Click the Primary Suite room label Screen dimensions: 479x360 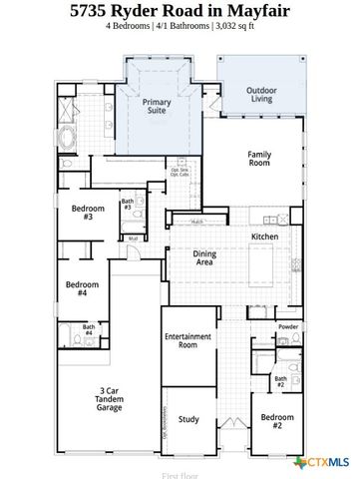[157, 107]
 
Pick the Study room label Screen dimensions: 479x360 [187, 420]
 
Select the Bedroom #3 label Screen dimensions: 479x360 [82, 212]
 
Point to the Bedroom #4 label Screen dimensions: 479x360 [82, 289]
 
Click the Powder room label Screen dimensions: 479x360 [287, 326]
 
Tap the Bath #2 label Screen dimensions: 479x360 [280, 380]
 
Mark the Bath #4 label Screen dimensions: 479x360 [89, 330]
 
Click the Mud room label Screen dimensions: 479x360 [134, 239]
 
